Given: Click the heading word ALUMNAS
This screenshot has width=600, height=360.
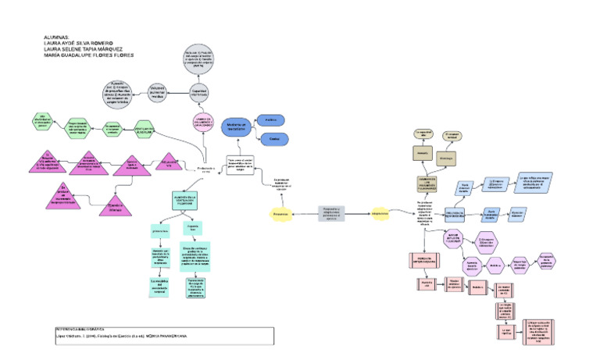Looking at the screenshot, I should coord(58,37).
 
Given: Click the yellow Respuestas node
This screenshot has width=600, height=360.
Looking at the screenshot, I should coord(282,213).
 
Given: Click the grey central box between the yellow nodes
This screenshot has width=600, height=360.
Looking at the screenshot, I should coord(331,212).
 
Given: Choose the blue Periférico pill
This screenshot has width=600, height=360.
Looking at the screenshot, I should coord(273,119).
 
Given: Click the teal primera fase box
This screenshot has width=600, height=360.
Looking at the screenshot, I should coord(160,231).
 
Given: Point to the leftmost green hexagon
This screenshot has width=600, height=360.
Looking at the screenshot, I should coord(44,119).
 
